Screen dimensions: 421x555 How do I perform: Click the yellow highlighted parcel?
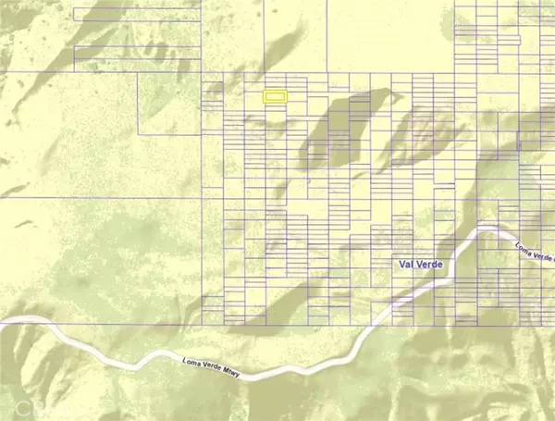click(x=275, y=95)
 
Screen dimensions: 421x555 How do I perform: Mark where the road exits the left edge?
click(x=3, y=321)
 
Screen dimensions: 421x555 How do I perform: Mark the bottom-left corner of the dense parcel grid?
click(x=203, y=323)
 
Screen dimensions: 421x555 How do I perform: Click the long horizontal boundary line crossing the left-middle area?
click(x=102, y=197)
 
